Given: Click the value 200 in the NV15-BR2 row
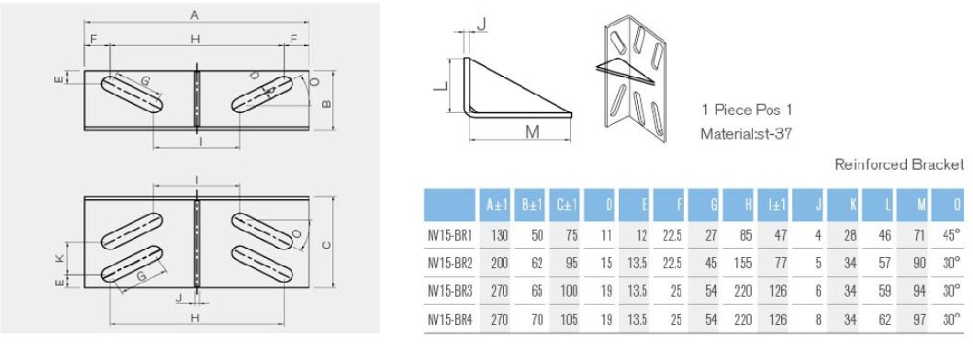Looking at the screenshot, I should click(x=498, y=264).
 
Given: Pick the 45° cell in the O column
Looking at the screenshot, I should click(x=954, y=236).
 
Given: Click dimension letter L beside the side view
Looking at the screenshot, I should click(x=439, y=85).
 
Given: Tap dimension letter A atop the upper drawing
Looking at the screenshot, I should click(x=194, y=14).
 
